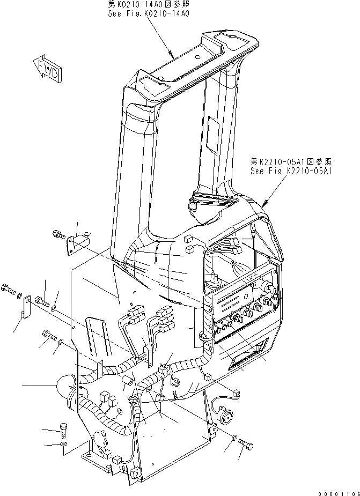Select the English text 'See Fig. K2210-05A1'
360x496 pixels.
point(291,171)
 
